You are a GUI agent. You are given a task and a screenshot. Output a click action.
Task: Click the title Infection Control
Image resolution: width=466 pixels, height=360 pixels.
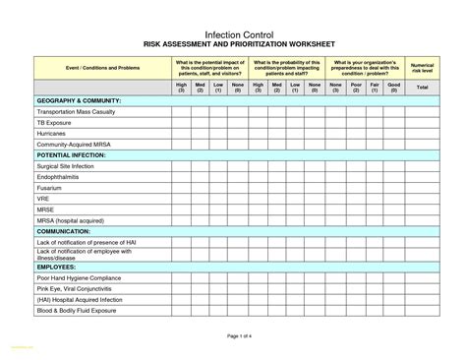click(x=232, y=35)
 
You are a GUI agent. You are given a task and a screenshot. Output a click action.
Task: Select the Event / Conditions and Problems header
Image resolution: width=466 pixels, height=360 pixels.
click(x=88, y=68)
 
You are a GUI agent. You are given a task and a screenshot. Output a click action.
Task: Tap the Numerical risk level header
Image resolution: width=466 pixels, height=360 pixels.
click(x=422, y=68)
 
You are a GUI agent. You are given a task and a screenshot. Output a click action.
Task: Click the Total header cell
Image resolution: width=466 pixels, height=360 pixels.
click(x=422, y=88)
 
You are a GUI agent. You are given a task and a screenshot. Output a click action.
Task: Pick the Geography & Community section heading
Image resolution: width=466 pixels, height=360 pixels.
click(x=79, y=101)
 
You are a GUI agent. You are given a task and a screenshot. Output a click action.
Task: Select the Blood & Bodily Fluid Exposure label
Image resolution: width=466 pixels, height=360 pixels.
click(x=77, y=311)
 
